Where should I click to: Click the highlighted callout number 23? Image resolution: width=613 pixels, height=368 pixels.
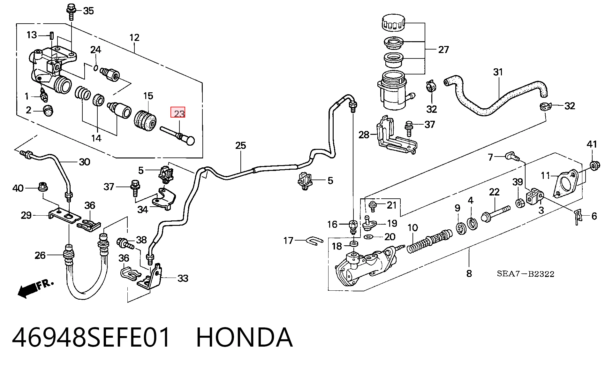(178, 113)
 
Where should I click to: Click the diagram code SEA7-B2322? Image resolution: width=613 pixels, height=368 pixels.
(526, 274)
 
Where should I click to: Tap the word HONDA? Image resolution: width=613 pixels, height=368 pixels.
(244, 337)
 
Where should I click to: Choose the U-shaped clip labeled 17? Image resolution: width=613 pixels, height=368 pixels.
(315, 241)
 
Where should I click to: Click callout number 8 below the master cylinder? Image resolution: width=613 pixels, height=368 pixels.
(469, 273)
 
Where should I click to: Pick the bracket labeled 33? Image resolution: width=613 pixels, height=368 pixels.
(150, 277)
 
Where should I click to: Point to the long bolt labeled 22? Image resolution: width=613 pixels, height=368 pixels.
(495, 214)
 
